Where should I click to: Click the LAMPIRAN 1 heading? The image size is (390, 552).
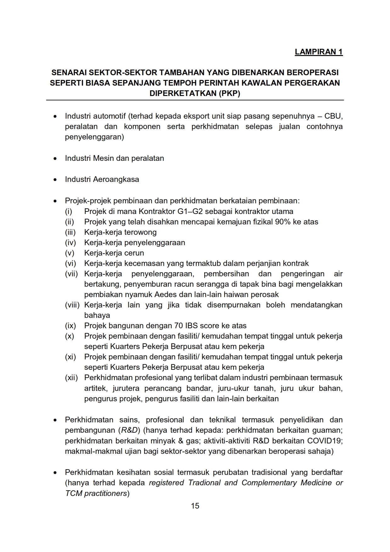319,52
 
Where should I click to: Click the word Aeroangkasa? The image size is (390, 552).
116,179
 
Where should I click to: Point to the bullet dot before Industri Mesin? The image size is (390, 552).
55,159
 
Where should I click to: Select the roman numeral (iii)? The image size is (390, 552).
70,232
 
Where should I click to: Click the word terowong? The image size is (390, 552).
140,232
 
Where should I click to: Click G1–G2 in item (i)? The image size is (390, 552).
192,211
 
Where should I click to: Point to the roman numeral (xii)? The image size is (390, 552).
71,378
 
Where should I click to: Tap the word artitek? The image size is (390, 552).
95,388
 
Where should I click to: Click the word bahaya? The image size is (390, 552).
97,315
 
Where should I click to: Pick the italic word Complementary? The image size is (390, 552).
269,483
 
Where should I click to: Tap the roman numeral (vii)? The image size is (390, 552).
71,274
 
